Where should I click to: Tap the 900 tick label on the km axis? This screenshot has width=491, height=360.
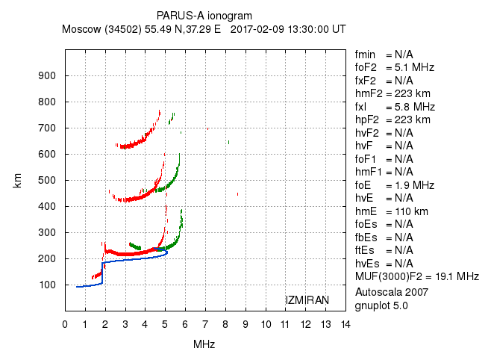click(48, 75)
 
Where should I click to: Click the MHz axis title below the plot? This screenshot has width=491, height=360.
click(204, 344)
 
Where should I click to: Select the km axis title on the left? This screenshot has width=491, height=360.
click(18, 180)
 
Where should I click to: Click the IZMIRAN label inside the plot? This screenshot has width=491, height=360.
click(307, 300)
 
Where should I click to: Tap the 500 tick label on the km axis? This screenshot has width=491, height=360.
click(48, 180)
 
